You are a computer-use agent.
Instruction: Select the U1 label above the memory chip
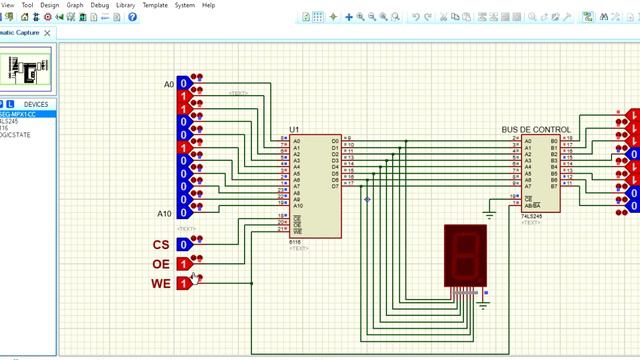click(294, 130)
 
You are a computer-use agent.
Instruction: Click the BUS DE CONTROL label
click(536, 130)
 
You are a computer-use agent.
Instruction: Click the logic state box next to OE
click(183, 263)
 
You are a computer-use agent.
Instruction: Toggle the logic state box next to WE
click(183, 284)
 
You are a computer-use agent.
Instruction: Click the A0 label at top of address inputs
click(168, 84)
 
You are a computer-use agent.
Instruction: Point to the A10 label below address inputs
click(165, 213)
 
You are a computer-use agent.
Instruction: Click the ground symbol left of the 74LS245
click(489, 212)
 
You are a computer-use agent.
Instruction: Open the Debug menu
click(100, 5)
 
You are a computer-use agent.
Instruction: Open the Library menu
click(125, 5)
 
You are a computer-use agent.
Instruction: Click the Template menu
click(155, 5)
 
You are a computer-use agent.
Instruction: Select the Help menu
click(208, 5)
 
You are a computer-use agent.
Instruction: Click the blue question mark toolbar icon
click(132, 17)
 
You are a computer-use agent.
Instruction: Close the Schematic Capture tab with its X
click(46, 33)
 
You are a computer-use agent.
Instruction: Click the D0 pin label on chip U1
click(335, 141)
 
